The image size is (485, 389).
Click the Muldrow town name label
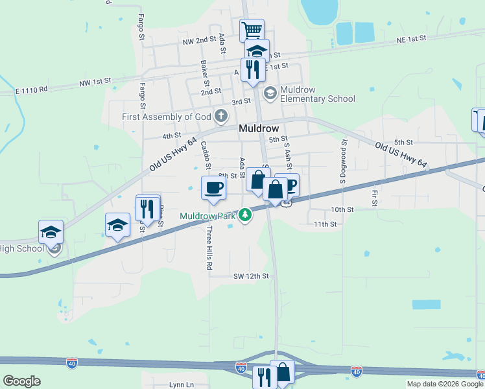pos(259,128)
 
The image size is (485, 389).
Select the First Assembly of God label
pos(167,117)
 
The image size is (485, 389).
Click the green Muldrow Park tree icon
pos(245,215)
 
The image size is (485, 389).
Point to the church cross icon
pos(221,117)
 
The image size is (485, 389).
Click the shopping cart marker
pos(252,29)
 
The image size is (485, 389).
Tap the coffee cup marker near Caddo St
pos(214,188)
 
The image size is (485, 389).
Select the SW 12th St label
pos(251,276)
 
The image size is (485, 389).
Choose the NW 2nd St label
pos(199,40)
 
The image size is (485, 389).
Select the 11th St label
pos(325,224)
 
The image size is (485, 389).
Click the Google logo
pos(21,381)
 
